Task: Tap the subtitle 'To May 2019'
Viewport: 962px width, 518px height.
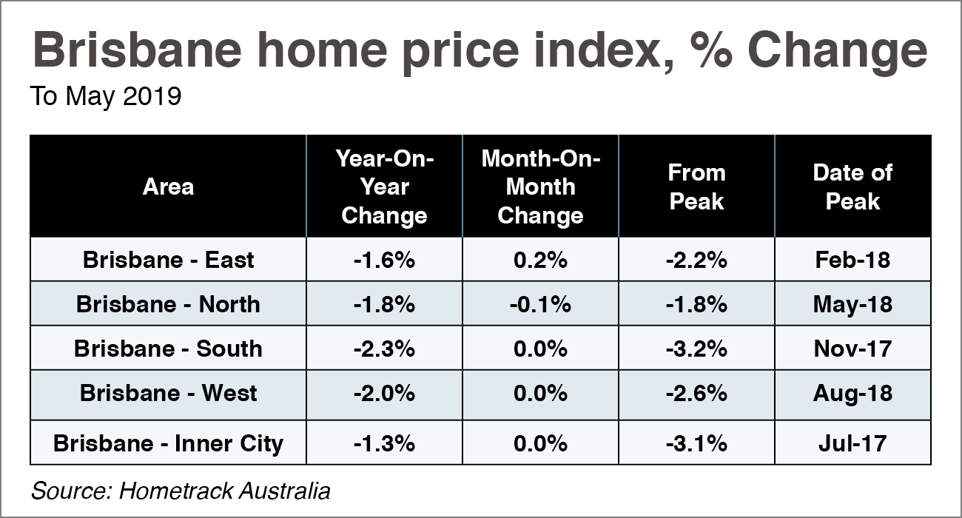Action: tap(105, 97)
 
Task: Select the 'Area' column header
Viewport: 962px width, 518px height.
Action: tap(168, 186)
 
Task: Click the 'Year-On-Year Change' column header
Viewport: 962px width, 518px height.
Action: tap(384, 186)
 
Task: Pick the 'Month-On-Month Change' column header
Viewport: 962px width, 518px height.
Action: tap(540, 186)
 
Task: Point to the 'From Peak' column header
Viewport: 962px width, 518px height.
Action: tap(696, 186)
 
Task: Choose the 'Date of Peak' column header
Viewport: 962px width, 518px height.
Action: tap(852, 186)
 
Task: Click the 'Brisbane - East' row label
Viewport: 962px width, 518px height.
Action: tap(168, 260)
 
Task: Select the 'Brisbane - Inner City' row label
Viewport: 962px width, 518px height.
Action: tap(168, 443)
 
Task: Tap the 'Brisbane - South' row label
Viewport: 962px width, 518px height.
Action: tap(168, 349)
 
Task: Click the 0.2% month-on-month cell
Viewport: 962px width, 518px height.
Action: tap(540, 260)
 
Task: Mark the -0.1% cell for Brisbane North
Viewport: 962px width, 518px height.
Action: tap(540, 304)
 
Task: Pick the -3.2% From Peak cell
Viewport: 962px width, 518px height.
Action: tap(696, 349)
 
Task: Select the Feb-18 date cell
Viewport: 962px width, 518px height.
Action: tap(852, 260)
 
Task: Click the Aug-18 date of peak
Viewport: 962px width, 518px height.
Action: tap(852, 393)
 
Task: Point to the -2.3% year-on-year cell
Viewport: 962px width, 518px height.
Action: tap(384, 349)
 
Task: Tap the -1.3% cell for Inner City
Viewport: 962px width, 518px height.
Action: tap(384, 443)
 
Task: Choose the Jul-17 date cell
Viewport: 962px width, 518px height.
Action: tap(852, 443)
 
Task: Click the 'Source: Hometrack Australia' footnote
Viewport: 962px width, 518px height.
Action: tap(181, 491)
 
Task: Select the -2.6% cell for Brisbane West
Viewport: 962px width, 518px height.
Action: tap(696, 393)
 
